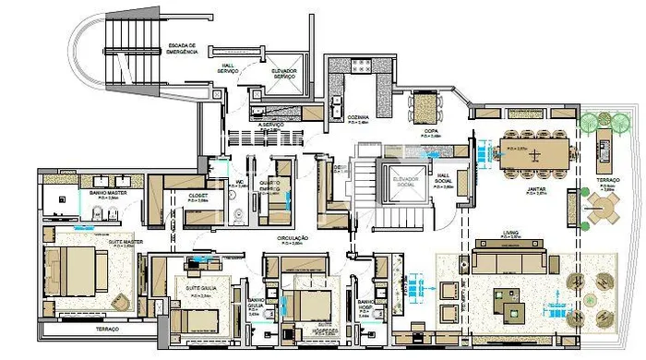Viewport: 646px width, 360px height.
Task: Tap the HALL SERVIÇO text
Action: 228,68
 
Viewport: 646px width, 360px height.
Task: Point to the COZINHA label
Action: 358,118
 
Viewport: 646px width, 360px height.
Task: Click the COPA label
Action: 431,132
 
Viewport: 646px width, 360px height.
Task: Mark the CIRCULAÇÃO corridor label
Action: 293,238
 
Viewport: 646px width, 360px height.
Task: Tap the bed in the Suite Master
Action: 78,270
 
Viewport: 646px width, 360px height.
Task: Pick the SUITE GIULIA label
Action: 201,288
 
